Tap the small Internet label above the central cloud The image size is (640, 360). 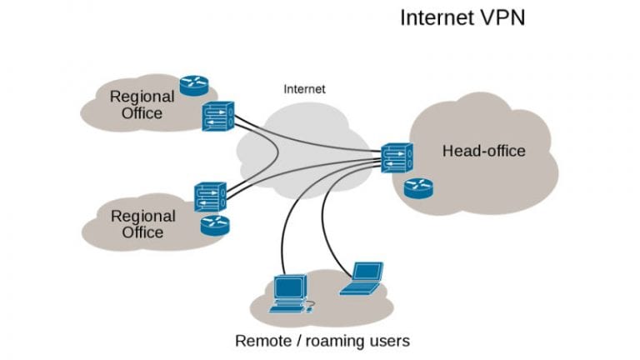point(305,88)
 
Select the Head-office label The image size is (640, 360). point(484,151)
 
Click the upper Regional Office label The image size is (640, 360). point(142,104)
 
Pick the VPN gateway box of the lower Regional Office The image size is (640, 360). point(211,197)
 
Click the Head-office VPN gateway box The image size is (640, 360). point(397,159)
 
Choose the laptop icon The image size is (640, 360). point(362,280)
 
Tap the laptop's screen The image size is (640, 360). point(367,272)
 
